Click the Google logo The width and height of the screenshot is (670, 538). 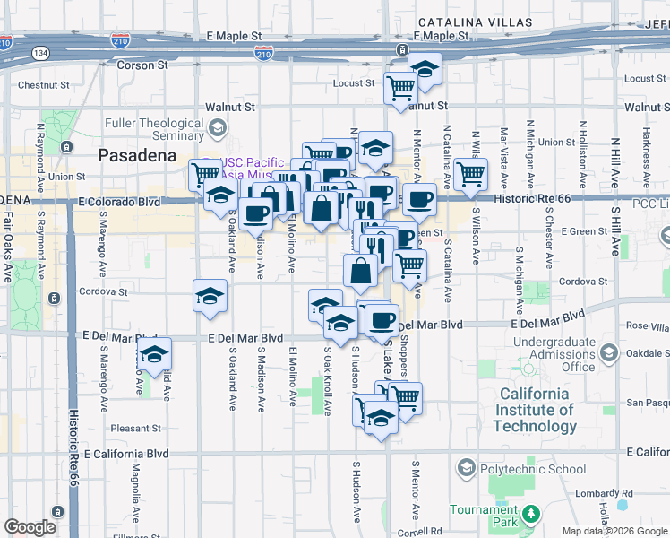pyautogui.click(x=30, y=526)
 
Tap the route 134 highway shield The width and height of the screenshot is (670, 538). pyautogui.click(x=41, y=53)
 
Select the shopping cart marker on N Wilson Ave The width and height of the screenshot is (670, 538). pyautogui.click(x=470, y=174)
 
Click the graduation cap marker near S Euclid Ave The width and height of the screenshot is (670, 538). pyautogui.click(x=155, y=354)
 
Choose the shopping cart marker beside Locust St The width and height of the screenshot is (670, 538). pyautogui.click(x=400, y=88)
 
